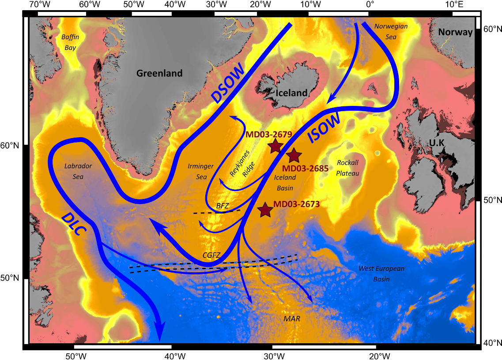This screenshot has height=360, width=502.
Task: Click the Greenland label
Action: [x=159, y=73]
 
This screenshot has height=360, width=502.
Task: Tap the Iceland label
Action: [x=291, y=93]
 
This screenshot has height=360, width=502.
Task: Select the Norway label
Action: [x=455, y=32]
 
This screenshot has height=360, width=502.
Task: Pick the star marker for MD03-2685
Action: [x=294, y=155]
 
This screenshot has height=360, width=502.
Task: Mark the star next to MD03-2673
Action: [x=264, y=210]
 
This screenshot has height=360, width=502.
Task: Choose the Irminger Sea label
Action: [x=200, y=171]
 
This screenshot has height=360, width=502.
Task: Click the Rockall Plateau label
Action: [x=347, y=168]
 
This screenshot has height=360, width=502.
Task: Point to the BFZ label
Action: [x=223, y=205]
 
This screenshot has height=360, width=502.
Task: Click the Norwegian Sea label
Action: [x=391, y=31]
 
